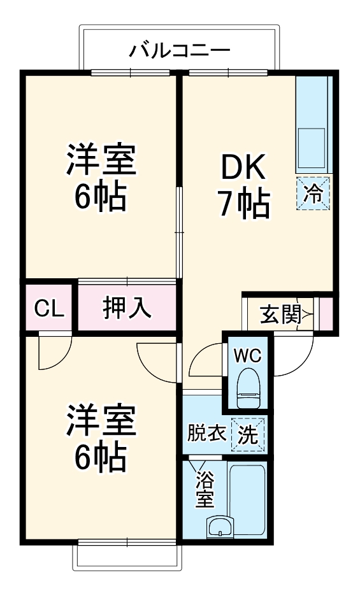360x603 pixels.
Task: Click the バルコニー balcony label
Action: [x=179, y=50]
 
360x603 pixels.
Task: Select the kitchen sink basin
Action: [x=312, y=140]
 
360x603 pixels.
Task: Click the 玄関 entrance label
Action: [x=279, y=314]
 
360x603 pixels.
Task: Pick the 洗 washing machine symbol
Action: [x=248, y=435]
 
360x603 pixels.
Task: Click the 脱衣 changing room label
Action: [x=206, y=434]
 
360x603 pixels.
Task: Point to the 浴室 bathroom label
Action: [x=204, y=489]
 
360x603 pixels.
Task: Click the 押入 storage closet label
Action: [x=127, y=308]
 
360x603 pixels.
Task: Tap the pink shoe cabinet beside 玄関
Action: [x=326, y=314]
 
